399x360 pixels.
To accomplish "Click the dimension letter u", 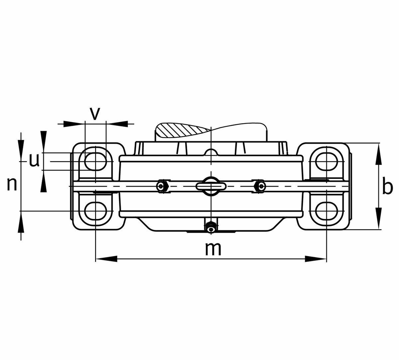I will pyautogui.click(x=34, y=160).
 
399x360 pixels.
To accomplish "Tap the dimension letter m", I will pyautogui.click(x=213, y=249).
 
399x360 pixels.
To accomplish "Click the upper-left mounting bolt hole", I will pyautogui.click(x=95, y=161).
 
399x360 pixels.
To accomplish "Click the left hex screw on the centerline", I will pyautogui.click(x=162, y=186).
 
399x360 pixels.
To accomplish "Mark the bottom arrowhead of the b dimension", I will pyautogui.click(x=379, y=218).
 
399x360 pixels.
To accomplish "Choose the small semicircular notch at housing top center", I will pyautogui.click(x=211, y=152).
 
